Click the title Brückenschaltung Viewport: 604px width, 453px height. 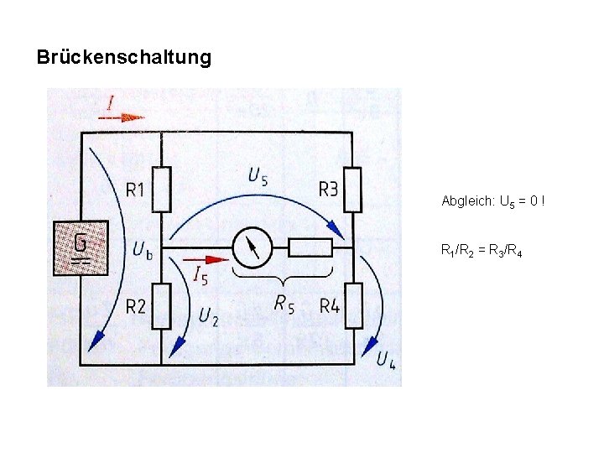124,58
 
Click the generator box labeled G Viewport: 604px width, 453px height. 81,248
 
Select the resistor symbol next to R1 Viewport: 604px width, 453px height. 162,190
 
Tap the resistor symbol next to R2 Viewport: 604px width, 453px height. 162,306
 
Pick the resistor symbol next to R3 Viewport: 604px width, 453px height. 353,190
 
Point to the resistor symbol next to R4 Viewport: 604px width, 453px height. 353,306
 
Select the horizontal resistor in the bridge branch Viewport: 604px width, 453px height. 310,247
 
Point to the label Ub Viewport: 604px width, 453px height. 142,249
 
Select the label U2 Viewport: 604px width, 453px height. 209,316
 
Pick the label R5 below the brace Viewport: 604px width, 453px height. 284,304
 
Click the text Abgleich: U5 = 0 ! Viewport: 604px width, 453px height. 493,202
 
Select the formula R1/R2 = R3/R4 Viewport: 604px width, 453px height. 482,251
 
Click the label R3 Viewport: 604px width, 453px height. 328,190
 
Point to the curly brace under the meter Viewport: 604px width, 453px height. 283,274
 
